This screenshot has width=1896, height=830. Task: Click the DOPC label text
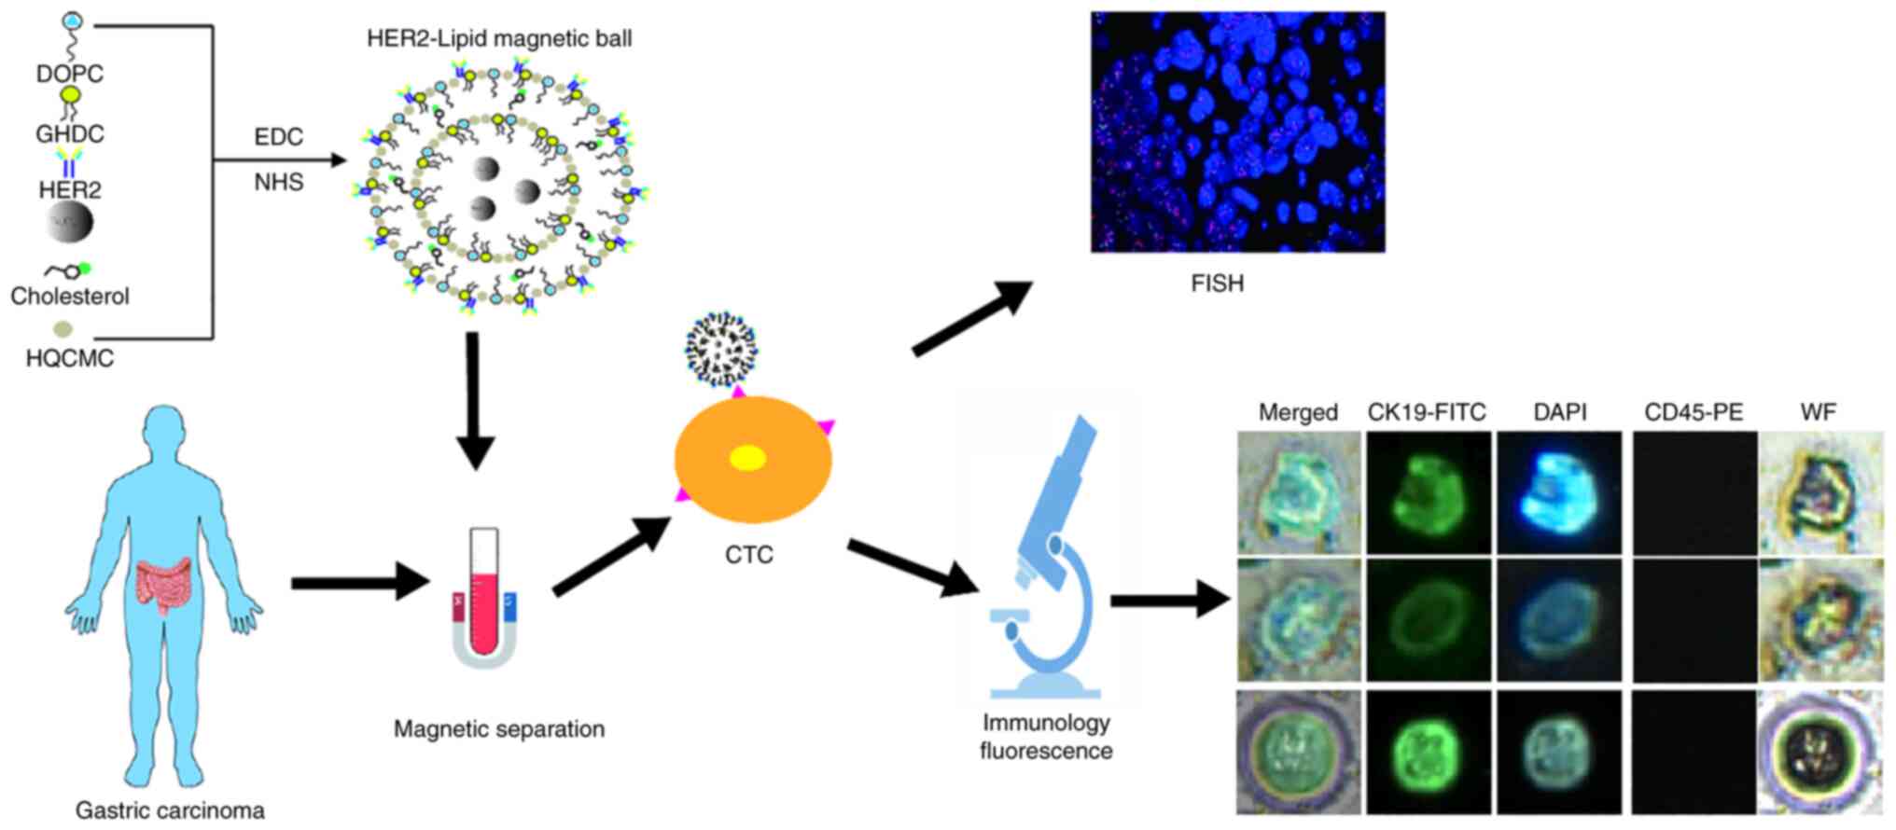(x=69, y=74)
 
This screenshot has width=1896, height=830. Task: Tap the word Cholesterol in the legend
(x=70, y=297)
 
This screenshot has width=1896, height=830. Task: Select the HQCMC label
(x=70, y=358)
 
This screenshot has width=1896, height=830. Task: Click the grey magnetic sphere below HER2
(x=70, y=223)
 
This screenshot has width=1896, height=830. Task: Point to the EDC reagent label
(x=278, y=137)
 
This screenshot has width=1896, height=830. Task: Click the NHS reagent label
(x=278, y=182)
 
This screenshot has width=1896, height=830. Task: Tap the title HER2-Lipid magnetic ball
(x=499, y=38)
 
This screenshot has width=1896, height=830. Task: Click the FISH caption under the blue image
(x=1217, y=284)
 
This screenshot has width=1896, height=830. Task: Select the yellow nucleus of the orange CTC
(x=747, y=458)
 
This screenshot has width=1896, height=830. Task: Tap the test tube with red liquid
(x=484, y=593)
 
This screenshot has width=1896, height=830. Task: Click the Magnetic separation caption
(x=498, y=729)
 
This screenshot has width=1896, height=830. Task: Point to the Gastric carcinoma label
(x=170, y=810)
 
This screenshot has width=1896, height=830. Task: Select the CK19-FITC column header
(x=1426, y=412)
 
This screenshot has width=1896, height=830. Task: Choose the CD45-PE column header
(x=1693, y=412)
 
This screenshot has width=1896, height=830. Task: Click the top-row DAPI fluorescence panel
(x=1559, y=492)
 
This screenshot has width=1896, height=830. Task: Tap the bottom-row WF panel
(x=1819, y=752)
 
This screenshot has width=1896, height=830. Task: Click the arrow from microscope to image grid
(x=1170, y=600)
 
